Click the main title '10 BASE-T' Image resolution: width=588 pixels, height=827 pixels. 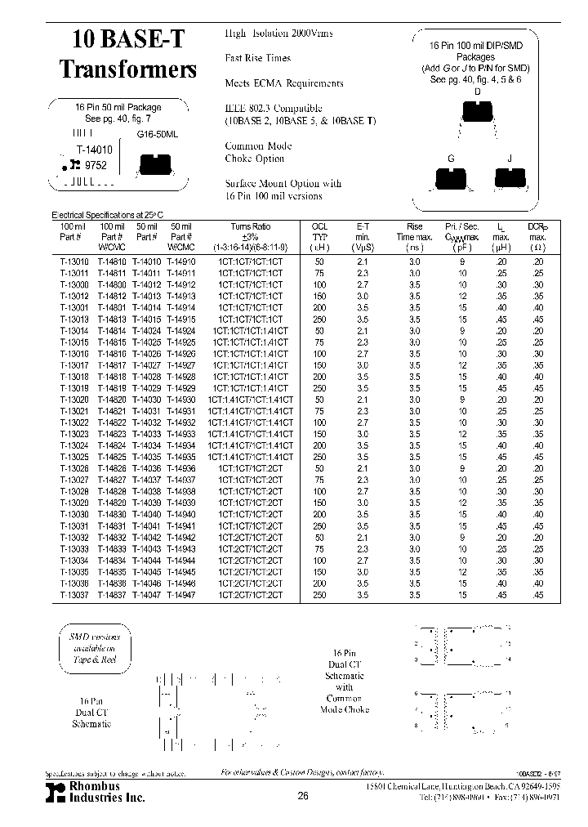[127, 39]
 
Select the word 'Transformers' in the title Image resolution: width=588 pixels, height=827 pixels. [127, 69]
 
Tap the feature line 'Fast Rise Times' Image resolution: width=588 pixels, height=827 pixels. [257, 58]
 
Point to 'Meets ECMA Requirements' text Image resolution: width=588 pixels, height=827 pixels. [283, 83]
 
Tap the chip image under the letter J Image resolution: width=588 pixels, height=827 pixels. [510, 177]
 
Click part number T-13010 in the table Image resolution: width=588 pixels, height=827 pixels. [72, 261]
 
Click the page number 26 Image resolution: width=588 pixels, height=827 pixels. [303, 796]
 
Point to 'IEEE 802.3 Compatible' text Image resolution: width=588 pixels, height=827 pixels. [274, 109]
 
